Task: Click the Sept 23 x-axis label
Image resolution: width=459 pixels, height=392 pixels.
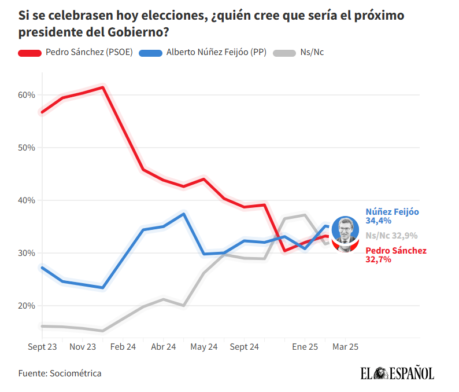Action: point(42,347)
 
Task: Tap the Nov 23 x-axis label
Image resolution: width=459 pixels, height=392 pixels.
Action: point(83,347)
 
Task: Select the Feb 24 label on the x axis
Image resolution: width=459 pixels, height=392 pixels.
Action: point(123,347)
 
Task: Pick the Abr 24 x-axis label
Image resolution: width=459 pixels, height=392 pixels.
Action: point(163,347)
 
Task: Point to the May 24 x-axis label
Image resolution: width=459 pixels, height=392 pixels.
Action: point(203,347)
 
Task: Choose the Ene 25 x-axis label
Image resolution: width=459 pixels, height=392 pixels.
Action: point(305,347)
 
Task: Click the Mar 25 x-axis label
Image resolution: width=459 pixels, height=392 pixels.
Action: point(345,347)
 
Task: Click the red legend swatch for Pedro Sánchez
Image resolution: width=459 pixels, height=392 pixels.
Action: point(29,52)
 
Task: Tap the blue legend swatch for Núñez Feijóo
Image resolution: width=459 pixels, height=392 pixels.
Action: point(150,52)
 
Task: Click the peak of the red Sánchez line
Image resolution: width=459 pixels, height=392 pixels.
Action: point(102,87)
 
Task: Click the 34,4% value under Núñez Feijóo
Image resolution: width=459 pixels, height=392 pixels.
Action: point(379,221)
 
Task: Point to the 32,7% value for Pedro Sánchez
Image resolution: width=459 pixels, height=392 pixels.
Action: point(379,259)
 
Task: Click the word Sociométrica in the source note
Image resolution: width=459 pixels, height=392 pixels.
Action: point(75,373)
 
